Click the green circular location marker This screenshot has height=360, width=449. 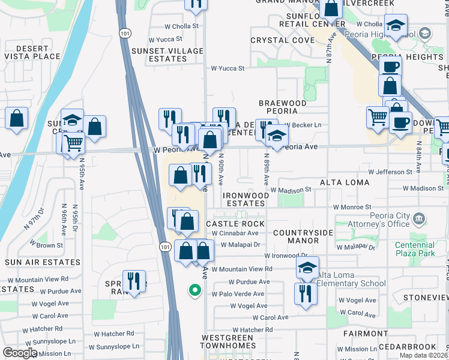[194, 291]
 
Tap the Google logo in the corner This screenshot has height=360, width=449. [20, 353]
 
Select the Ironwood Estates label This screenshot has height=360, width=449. [246, 199]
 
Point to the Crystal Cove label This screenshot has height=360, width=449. [282, 40]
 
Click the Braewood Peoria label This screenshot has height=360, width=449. [282, 107]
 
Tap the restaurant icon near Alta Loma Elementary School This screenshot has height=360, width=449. [306, 293]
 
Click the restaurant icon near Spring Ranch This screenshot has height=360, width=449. [134, 281]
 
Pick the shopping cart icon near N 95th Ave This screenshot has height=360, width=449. [73, 143]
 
